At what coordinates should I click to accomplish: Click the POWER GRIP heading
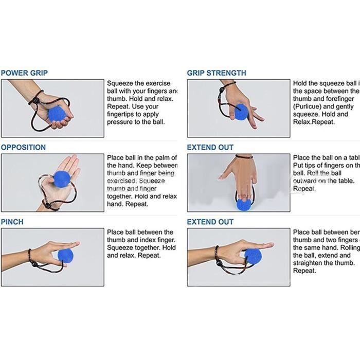pos(24,73)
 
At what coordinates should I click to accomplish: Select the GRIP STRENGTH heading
pos(217,73)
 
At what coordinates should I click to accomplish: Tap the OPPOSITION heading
pos(23,148)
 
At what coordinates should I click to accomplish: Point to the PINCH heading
pos(12,222)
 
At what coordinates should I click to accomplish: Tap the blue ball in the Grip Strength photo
pos(240,112)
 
